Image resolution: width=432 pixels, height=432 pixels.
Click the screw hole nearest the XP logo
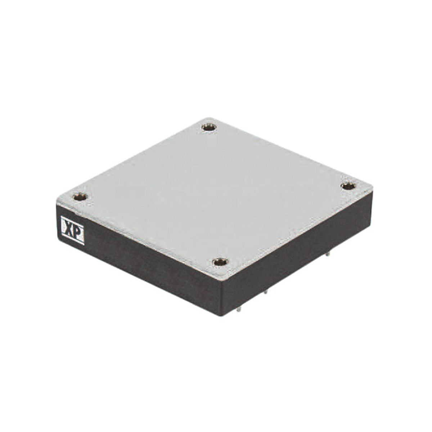point(80,197)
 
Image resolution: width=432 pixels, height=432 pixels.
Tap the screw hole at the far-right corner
point(348,186)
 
